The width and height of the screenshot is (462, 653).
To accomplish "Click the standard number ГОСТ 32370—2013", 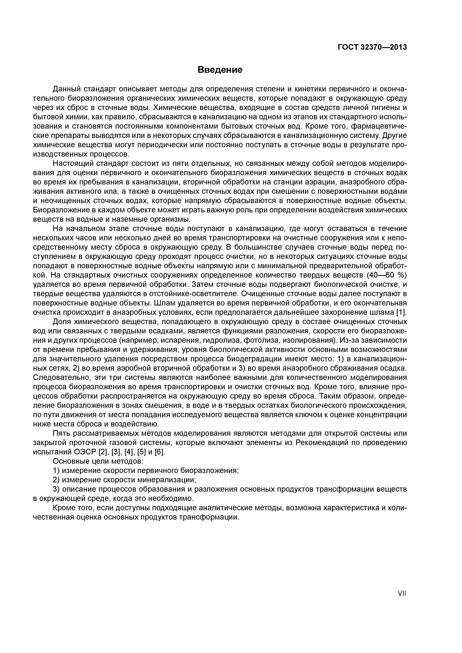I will (372, 47).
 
